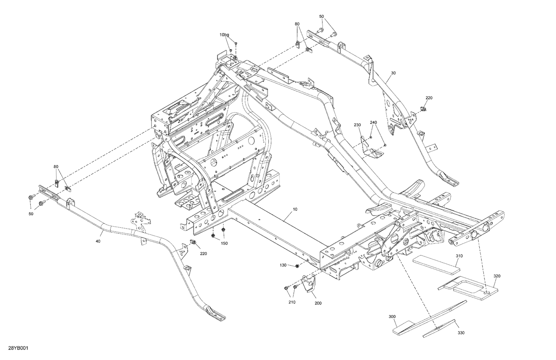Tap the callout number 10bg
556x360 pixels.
pos(224,34)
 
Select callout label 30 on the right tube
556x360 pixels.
pos(393,73)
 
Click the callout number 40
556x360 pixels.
pos(98,241)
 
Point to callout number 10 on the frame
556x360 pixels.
pos(295,209)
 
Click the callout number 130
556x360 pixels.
pos(284,265)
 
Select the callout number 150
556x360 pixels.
pos(225,243)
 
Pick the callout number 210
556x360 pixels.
pos(292,302)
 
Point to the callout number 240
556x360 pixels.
pos(373,122)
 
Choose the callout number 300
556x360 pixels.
pos(392,317)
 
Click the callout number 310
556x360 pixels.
pos(459,256)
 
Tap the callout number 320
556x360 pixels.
pos(497,276)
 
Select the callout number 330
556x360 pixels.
pos(461,333)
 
